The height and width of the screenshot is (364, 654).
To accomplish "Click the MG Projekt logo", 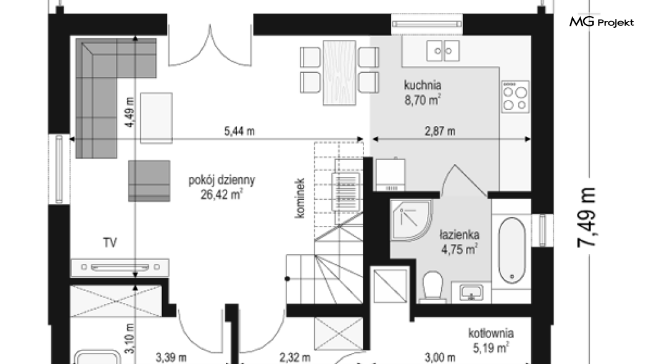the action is click(x=602, y=22).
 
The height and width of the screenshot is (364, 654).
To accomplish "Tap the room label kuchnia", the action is click(x=423, y=85).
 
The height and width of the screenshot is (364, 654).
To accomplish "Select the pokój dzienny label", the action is click(x=221, y=180).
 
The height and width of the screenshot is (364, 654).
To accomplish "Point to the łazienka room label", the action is click(x=459, y=234).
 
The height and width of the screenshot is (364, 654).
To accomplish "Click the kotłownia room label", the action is click(x=491, y=333).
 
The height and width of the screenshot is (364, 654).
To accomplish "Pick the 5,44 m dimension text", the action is click(x=239, y=131).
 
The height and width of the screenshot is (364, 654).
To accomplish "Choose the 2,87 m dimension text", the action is click(x=440, y=131).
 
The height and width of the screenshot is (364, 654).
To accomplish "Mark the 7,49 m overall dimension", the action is click(x=586, y=217).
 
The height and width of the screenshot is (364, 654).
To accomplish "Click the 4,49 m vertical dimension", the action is click(x=130, y=112).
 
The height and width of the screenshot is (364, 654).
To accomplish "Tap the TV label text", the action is click(x=110, y=242).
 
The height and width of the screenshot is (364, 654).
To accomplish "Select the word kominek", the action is click(x=300, y=198).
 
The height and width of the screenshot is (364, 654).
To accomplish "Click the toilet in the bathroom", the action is click(x=433, y=286).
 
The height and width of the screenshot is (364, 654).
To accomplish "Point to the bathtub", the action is click(x=511, y=250).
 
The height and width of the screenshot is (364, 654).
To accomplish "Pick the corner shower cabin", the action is click(x=411, y=220).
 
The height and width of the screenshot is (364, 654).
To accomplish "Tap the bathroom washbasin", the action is click(x=471, y=292).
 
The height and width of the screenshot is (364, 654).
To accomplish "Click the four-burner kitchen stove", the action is click(x=515, y=97).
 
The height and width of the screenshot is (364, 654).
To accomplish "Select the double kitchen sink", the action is click(x=443, y=51).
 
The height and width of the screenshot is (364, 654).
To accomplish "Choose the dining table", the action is click(x=339, y=73).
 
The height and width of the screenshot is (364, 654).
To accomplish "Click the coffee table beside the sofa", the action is click(x=156, y=118).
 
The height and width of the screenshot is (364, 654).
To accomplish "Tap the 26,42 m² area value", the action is click(x=221, y=194).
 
